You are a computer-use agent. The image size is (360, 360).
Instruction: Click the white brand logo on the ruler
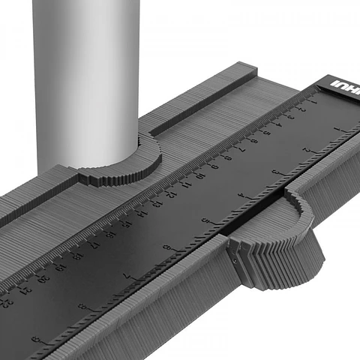[346, 89]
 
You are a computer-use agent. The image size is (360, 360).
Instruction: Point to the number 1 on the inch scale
[342, 129]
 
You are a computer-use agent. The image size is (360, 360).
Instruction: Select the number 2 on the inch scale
[306, 150]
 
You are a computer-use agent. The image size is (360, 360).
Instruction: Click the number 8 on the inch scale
[81, 306]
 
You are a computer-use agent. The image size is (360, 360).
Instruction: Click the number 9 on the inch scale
[34, 339]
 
